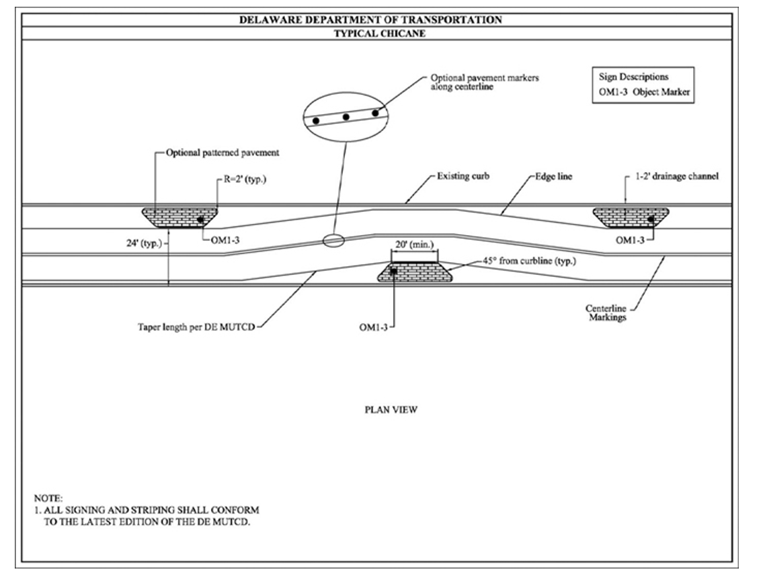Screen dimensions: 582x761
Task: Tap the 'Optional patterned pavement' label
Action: coord(222,153)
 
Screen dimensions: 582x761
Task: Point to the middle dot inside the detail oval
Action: coord(346,117)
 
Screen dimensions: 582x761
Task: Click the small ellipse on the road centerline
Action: coord(333,240)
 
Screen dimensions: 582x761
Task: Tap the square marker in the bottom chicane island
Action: coord(393,270)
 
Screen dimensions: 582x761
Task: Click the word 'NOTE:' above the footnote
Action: coord(47,499)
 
